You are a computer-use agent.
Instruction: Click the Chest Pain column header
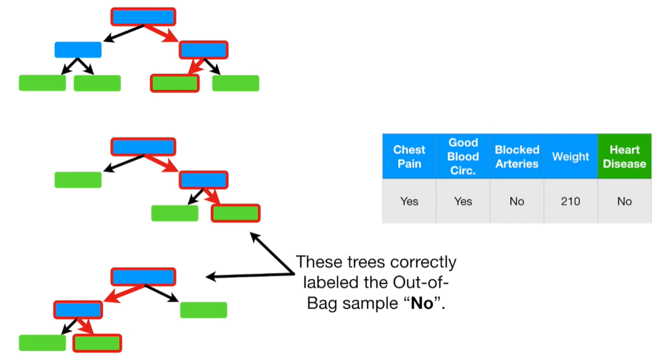click(409, 157)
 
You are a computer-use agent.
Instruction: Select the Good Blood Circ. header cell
click(463, 157)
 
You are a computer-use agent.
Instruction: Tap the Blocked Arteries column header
click(516, 157)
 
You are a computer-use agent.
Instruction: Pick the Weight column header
click(570, 157)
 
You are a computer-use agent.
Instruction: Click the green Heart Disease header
click(624, 157)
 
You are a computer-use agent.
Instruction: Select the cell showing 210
click(570, 201)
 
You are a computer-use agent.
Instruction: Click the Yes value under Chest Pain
click(409, 201)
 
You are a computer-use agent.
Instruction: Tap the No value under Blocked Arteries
click(516, 201)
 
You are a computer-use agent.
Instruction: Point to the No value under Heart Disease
click(624, 201)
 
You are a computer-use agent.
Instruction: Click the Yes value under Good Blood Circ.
click(463, 201)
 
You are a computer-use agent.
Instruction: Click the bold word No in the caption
click(421, 305)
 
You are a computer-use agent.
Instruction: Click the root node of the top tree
click(143, 17)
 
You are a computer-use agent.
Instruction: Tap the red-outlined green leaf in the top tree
click(175, 83)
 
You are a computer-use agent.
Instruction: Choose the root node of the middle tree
click(143, 147)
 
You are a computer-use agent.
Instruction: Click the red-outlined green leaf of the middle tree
click(235, 213)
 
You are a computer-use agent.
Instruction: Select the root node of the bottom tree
click(143, 277)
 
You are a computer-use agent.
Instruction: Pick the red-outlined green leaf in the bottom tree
click(97, 342)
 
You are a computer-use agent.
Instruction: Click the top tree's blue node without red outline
click(78, 50)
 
